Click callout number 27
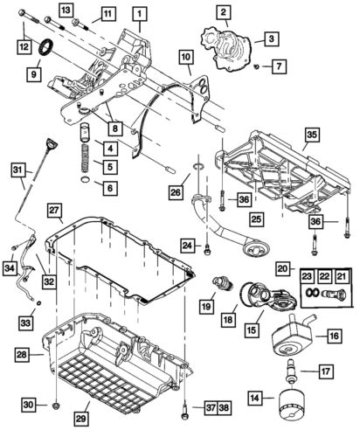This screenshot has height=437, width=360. click(53, 211)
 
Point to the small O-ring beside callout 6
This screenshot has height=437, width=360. click(86, 184)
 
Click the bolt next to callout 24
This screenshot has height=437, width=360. click(207, 250)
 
